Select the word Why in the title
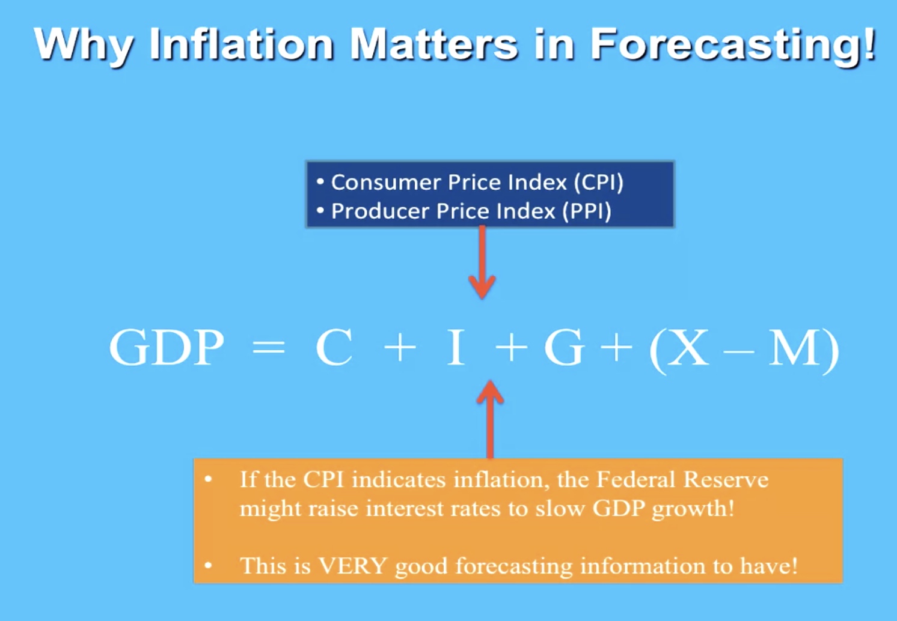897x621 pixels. [x=84, y=47]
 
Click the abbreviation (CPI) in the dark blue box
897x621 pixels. [x=599, y=183]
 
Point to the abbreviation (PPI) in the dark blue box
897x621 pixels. [x=587, y=211]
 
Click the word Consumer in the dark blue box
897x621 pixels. [x=385, y=183]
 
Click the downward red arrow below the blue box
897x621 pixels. [x=482, y=262]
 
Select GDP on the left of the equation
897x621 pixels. [x=166, y=347]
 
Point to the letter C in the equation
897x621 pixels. [x=334, y=347]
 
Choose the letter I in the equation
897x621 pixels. [x=456, y=347]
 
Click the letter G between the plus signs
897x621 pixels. [x=563, y=347]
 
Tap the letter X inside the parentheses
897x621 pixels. [x=687, y=347]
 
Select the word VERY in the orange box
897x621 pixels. [x=353, y=566]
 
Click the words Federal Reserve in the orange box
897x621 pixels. [x=682, y=479]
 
